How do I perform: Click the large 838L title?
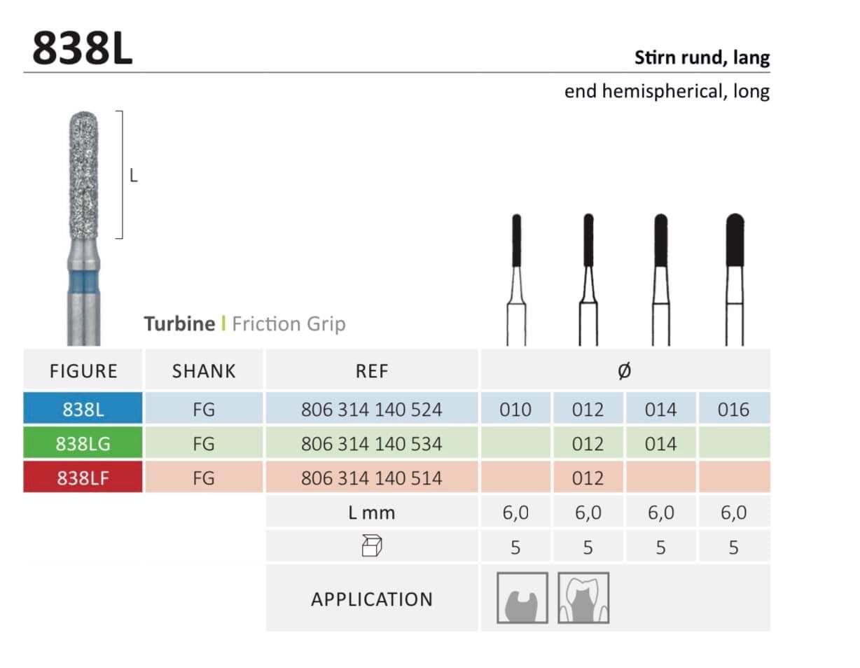click(83, 48)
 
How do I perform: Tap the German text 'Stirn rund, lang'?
click(702, 57)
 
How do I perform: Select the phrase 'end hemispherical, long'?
click(667, 91)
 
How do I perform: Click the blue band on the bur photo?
click(83, 282)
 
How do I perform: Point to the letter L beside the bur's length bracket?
click(134, 175)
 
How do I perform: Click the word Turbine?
click(179, 323)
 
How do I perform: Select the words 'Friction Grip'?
click(289, 324)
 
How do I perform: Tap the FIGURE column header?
click(83, 371)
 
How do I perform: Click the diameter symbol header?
click(625, 371)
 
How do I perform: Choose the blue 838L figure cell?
click(83, 408)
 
